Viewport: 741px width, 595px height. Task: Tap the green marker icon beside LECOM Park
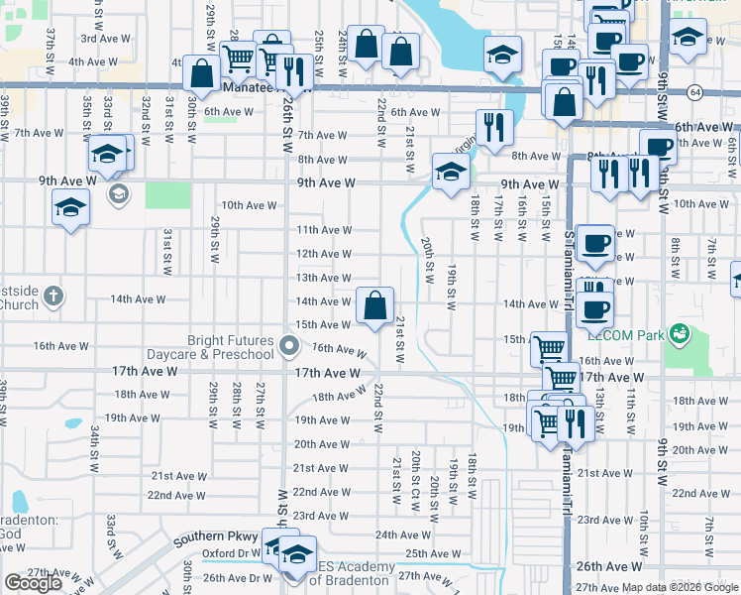[679, 331]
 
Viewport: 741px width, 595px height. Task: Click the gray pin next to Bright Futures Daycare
[289, 346]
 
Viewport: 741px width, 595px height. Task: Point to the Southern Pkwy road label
[216, 539]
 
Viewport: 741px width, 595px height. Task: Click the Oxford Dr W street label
[232, 554]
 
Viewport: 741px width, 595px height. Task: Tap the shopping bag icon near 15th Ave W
[375, 306]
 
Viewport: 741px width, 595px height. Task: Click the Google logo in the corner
[33, 583]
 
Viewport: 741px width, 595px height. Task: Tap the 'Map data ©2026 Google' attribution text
[679, 587]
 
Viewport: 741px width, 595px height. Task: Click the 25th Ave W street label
[429, 554]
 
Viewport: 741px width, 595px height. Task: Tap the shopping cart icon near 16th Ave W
[548, 347]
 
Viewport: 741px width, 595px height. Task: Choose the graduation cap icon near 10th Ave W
[70, 206]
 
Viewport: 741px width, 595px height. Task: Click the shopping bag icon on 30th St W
[201, 73]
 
